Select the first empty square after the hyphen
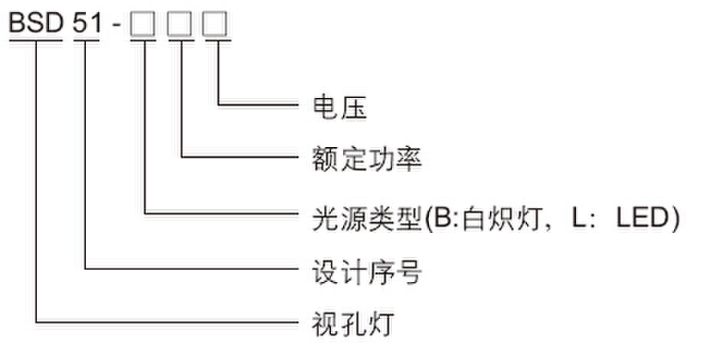142,24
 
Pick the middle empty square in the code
179,24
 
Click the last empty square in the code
215,24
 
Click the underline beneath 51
86,40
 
